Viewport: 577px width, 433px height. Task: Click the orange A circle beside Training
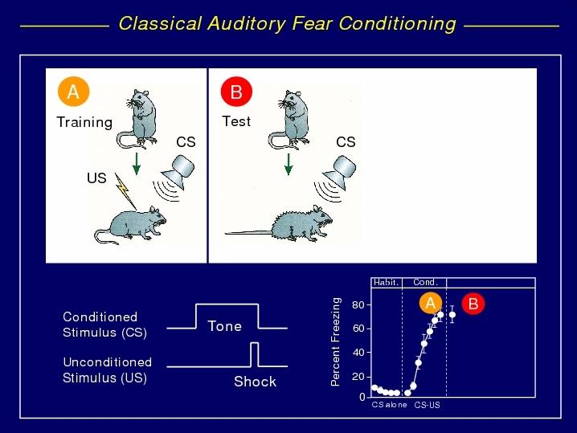point(74,92)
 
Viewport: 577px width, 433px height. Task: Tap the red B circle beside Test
point(236,92)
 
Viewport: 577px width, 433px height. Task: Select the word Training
point(84,122)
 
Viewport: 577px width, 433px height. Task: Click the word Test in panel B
point(236,121)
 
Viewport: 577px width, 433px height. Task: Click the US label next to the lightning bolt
point(96,178)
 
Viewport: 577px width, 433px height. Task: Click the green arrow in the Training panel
point(137,164)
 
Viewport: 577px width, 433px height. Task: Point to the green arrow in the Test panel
point(288,164)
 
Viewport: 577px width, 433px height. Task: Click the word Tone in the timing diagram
point(224,326)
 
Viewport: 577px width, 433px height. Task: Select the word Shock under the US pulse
point(255,382)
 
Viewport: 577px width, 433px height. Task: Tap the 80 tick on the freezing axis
point(358,305)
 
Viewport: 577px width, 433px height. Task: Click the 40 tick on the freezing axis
point(358,353)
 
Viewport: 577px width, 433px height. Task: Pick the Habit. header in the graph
point(386,283)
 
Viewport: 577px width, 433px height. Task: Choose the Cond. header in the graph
point(425,283)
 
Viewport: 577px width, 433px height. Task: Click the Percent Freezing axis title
point(335,341)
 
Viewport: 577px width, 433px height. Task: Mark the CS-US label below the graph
point(427,405)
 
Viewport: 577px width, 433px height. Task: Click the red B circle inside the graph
point(473,304)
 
